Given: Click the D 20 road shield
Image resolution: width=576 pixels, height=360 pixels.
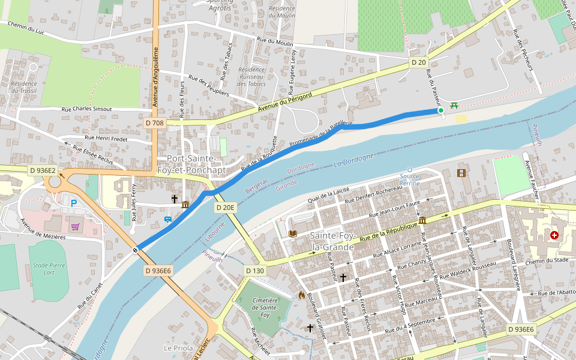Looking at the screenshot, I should click(x=419, y=62).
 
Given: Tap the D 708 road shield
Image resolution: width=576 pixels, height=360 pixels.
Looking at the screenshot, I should click(x=154, y=123).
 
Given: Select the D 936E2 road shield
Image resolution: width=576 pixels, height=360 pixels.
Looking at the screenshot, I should click(x=43, y=170).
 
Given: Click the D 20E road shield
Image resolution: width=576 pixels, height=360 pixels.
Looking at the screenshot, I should click(x=226, y=207).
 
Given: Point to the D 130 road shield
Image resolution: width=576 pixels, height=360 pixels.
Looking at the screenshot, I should click(x=255, y=271).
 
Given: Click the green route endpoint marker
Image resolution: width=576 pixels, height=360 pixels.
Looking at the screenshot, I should click(x=440, y=110).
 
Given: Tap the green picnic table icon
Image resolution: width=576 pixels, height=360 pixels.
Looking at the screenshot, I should click(x=454, y=105).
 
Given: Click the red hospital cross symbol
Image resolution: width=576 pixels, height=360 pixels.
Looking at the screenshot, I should click(x=553, y=236).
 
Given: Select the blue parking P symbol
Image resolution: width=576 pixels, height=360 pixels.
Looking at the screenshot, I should click(x=74, y=203).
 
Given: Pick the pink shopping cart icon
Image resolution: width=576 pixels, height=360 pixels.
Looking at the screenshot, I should click(x=76, y=227).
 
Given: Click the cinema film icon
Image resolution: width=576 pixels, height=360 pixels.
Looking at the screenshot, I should click(x=461, y=173).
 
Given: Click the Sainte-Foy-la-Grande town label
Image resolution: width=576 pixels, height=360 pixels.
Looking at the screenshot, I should click(x=334, y=241).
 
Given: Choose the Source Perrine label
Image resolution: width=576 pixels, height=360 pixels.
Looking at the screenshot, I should click(x=410, y=179).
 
